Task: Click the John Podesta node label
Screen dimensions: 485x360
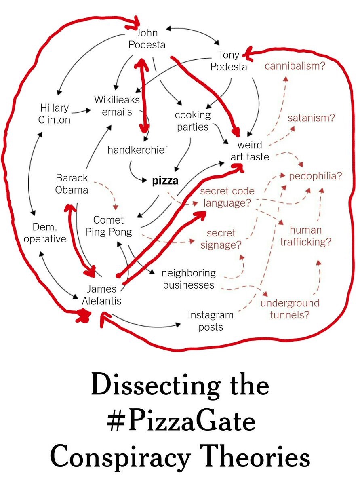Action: pyautogui.click(x=147, y=38)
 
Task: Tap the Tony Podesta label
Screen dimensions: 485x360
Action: pyautogui.click(x=229, y=61)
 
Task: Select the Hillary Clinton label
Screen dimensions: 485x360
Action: pyautogui.click(x=54, y=114)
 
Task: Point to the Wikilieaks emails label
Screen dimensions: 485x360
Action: pyautogui.click(x=117, y=105)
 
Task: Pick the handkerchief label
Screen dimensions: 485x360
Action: pyautogui.click(x=137, y=150)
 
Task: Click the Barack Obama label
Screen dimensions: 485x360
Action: pyautogui.click(x=72, y=184)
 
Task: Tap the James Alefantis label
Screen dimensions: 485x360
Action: pyautogui.click(x=101, y=295)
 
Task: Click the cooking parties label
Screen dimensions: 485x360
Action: pyautogui.click(x=192, y=121)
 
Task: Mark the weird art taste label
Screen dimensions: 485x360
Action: pyautogui.click(x=250, y=150)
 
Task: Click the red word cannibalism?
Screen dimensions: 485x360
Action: pyautogui.click(x=295, y=65)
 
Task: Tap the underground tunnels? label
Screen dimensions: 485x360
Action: pyautogui.click(x=290, y=309)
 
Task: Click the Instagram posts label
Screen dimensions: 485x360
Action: pyautogui.click(x=211, y=321)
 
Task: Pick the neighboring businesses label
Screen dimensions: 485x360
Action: pyautogui.click(x=189, y=279)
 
